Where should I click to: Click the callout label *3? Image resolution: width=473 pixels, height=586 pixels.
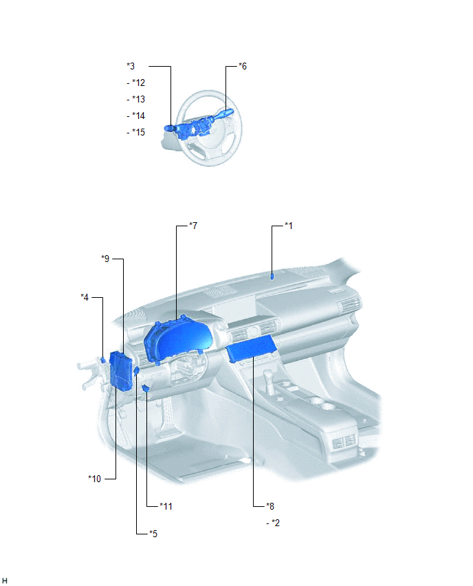click(x=131, y=66)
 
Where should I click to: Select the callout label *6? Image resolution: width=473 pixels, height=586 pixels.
click(x=243, y=66)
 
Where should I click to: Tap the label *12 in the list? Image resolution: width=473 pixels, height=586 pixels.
click(x=138, y=83)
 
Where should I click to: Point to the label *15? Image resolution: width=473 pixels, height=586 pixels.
click(x=138, y=132)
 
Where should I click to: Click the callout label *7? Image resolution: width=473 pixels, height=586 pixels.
click(x=193, y=226)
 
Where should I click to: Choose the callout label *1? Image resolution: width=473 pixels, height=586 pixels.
click(x=289, y=226)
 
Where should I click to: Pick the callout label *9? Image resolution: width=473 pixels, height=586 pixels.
click(x=105, y=259)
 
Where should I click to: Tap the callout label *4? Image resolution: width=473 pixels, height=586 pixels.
click(x=85, y=297)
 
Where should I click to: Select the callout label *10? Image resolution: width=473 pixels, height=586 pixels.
click(x=94, y=479)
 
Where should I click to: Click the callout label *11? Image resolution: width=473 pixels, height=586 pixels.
click(x=166, y=506)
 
